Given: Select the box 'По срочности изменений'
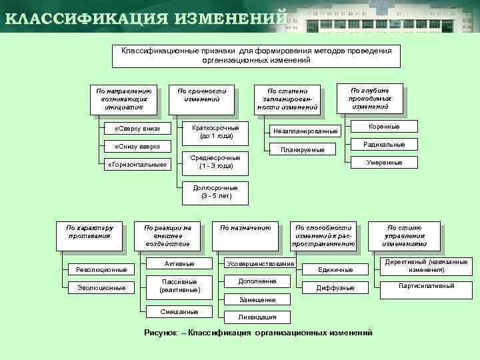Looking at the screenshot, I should coord(201,98).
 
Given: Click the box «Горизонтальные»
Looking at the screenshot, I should coord(138,164).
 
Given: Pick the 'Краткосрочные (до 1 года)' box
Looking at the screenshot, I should coord(215,131).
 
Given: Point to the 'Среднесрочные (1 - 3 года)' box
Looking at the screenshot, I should coord(215,161).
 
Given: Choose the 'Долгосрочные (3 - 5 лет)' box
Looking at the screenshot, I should coord(215,192).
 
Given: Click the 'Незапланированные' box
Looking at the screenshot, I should coord(305,131).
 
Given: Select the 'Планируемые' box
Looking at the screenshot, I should coord(303,150).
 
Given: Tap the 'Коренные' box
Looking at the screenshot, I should coord(383,126).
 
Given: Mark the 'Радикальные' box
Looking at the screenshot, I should coord(383,144).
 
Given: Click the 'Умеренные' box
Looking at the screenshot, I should coord(383,162).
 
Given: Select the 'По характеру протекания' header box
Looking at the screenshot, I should coord(89,235).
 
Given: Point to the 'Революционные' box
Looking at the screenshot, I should coord(101,269).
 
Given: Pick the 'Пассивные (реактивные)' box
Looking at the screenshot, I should coord(179,286).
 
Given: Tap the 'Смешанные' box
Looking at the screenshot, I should coord(179,311).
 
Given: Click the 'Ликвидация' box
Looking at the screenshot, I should coord(257,317).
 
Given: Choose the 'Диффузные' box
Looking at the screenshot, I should coord(335,287).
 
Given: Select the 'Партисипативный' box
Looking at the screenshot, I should coord(426,286).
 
